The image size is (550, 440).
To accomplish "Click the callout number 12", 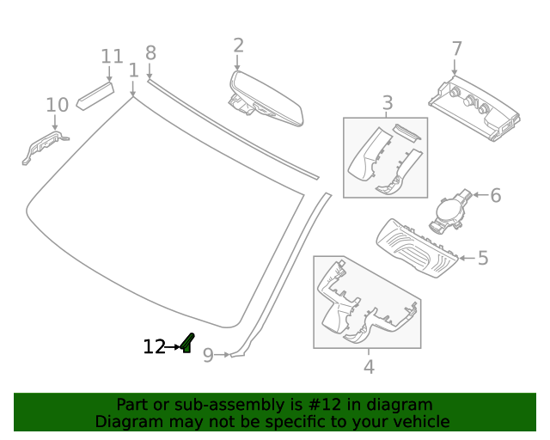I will [x=154, y=347].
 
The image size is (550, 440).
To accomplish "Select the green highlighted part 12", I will [x=187, y=344].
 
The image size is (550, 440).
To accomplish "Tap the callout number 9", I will [x=208, y=354].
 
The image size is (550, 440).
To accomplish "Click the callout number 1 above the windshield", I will [x=133, y=70].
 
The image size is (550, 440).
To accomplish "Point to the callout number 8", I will [x=150, y=52].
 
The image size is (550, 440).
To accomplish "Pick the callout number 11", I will [x=112, y=57].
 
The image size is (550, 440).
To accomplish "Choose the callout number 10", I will [x=57, y=105].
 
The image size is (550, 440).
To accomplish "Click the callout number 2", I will [x=238, y=46].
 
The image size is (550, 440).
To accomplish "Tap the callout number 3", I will [x=387, y=102].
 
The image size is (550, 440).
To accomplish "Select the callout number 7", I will [x=456, y=49].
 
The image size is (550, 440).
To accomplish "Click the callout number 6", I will [x=495, y=196].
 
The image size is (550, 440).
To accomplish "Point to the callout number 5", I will [x=483, y=257].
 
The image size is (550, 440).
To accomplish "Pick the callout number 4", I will [x=369, y=367].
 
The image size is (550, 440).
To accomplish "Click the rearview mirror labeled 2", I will [x=263, y=96].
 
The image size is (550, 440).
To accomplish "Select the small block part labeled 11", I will [x=95, y=94].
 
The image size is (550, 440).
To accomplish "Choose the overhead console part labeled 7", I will [x=474, y=107].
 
